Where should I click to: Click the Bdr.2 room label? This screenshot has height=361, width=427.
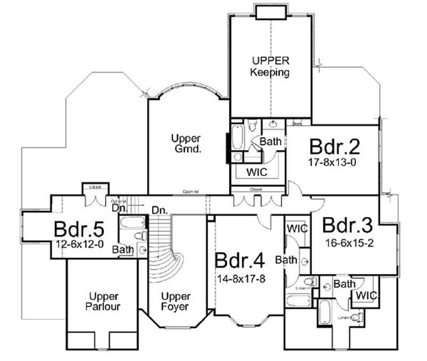click(335, 146)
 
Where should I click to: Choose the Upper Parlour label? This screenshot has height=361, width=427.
click(104, 302)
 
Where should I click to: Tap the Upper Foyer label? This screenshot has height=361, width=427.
click(176, 302)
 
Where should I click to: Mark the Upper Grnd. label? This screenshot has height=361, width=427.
click(186, 144)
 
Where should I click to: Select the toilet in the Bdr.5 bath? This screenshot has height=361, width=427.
click(140, 236)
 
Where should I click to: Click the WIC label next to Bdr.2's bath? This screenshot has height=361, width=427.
click(257, 172)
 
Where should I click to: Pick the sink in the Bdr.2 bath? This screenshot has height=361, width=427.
click(273, 125)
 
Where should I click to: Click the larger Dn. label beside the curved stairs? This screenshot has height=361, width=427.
click(158, 209)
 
